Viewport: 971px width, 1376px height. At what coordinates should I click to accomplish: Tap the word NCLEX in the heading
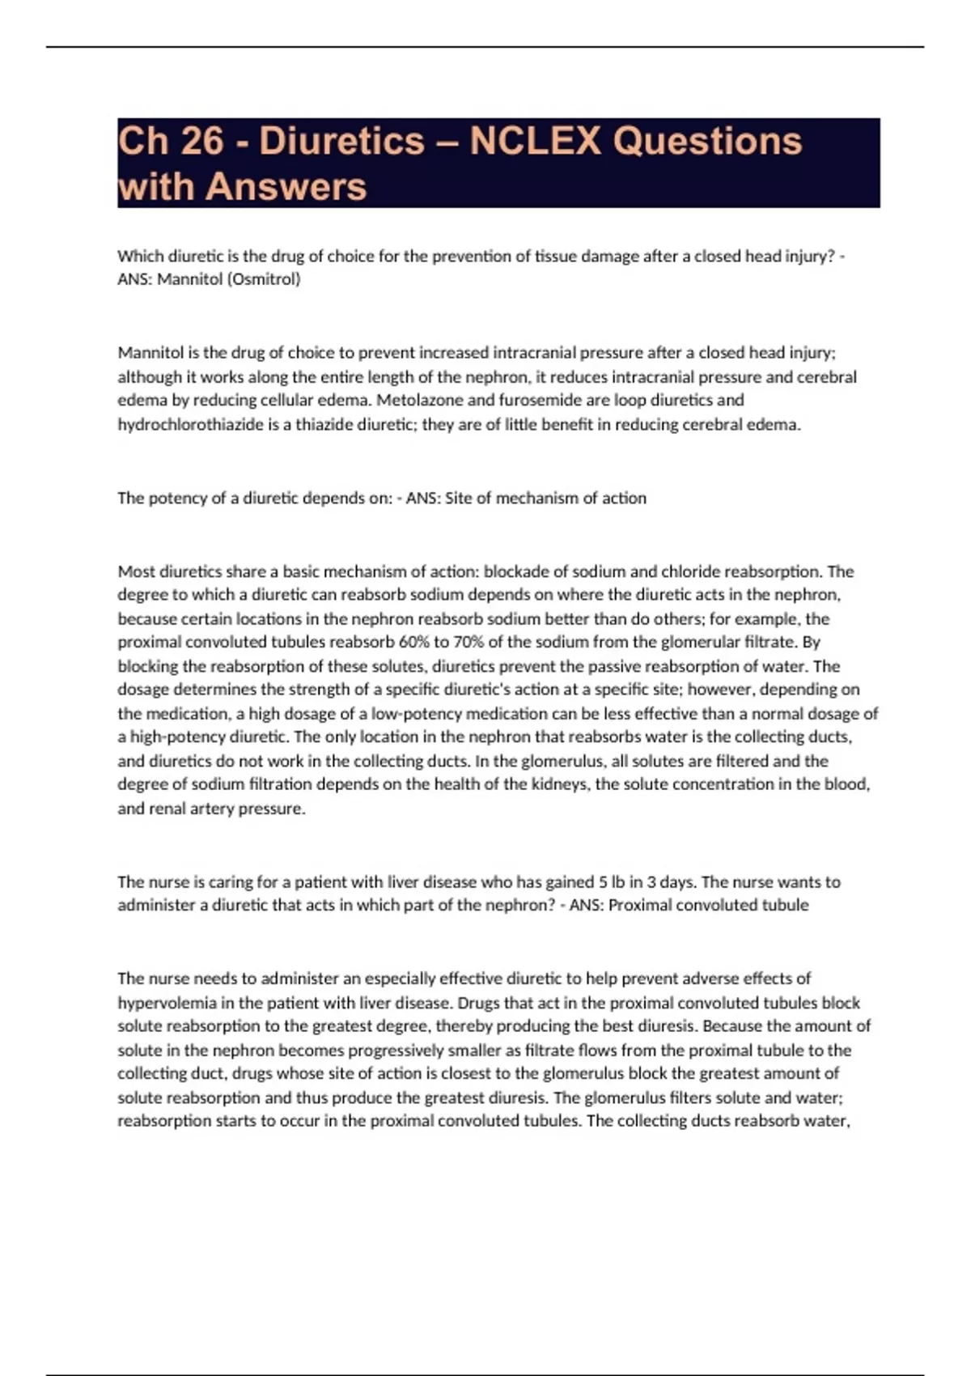click(x=536, y=141)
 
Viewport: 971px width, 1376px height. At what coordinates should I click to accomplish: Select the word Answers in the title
click(x=286, y=187)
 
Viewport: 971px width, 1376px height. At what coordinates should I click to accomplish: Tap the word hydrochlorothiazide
click(x=197, y=424)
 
